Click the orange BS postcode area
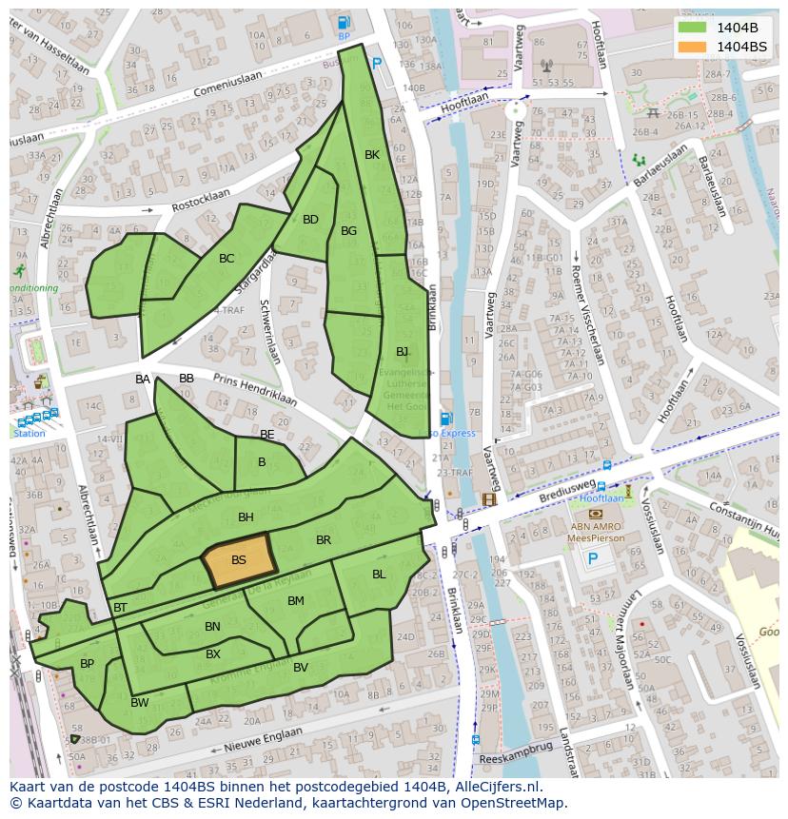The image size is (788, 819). pyautogui.click(x=237, y=560)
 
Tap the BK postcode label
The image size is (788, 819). pyautogui.click(x=372, y=155)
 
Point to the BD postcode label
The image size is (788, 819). pyautogui.click(x=310, y=220)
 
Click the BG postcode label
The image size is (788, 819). pyautogui.click(x=348, y=231)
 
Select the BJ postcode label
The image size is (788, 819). pyautogui.click(x=402, y=352)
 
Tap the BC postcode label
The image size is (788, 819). pyautogui.click(x=227, y=259)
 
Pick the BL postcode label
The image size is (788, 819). pyautogui.click(x=379, y=575)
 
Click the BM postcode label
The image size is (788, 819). pyautogui.click(x=295, y=601)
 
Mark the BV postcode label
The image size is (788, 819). pyautogui.click(x=301, y=668)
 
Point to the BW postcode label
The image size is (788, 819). pyautogui.click(x=140, y=703)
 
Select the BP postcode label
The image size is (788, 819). pyautogui.click(x=87, y=664)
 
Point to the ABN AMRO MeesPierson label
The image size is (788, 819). pyautogui.click(x=597, y=532)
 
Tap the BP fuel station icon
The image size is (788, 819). pyautogui.click(x=344, y=23)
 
